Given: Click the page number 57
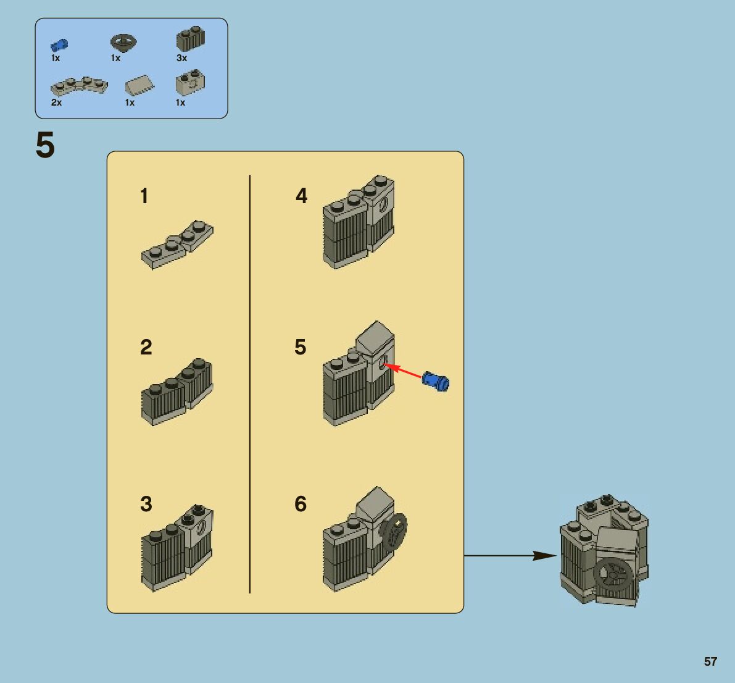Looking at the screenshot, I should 710,661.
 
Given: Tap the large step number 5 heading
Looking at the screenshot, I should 45,146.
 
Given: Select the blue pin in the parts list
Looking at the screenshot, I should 59,45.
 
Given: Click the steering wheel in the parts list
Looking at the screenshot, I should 123,43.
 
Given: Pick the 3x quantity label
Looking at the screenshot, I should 181,58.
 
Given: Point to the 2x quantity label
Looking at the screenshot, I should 56,103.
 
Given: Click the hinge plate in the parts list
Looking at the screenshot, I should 79,85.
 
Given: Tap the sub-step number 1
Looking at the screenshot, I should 144,196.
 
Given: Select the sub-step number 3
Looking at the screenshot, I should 146,504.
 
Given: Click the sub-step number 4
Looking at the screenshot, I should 301,196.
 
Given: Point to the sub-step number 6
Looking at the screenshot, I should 301,504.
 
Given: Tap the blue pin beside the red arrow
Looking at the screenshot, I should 436,380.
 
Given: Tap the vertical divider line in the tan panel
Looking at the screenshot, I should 250,383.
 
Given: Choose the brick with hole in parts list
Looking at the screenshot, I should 190,83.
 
